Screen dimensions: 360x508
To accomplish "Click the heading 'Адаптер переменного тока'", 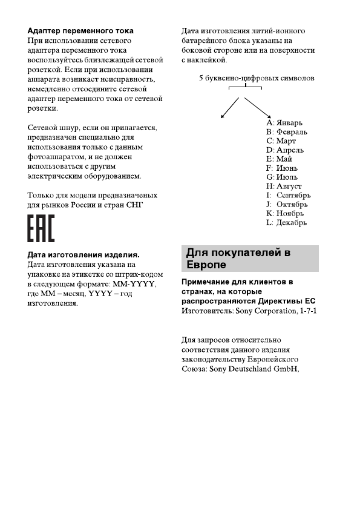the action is (81, 30).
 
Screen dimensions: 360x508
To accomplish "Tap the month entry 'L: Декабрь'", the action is (286, 222).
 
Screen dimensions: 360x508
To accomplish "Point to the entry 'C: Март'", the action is (281, 140).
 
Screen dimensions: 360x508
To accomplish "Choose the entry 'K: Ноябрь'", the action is (285, 213).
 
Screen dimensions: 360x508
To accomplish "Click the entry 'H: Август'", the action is (284, 186).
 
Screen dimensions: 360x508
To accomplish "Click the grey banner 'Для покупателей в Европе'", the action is (250, 259).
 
